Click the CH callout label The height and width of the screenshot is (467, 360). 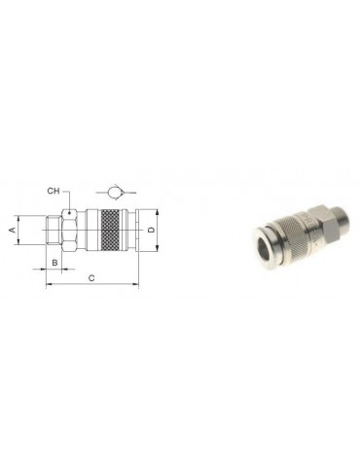[54, 191]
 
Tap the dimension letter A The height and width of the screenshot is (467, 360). [12, 230]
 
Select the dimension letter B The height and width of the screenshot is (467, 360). [54, 262]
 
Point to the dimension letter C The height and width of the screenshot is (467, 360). [91, 278]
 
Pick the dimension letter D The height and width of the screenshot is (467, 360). [151, 230]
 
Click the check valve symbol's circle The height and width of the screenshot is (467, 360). [114, 193]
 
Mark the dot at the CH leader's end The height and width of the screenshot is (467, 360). [69, 213]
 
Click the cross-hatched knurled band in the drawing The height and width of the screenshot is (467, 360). [111, 231]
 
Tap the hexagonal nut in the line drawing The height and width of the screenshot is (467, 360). [69, 231]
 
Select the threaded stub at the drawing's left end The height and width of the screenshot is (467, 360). [54, 231]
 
